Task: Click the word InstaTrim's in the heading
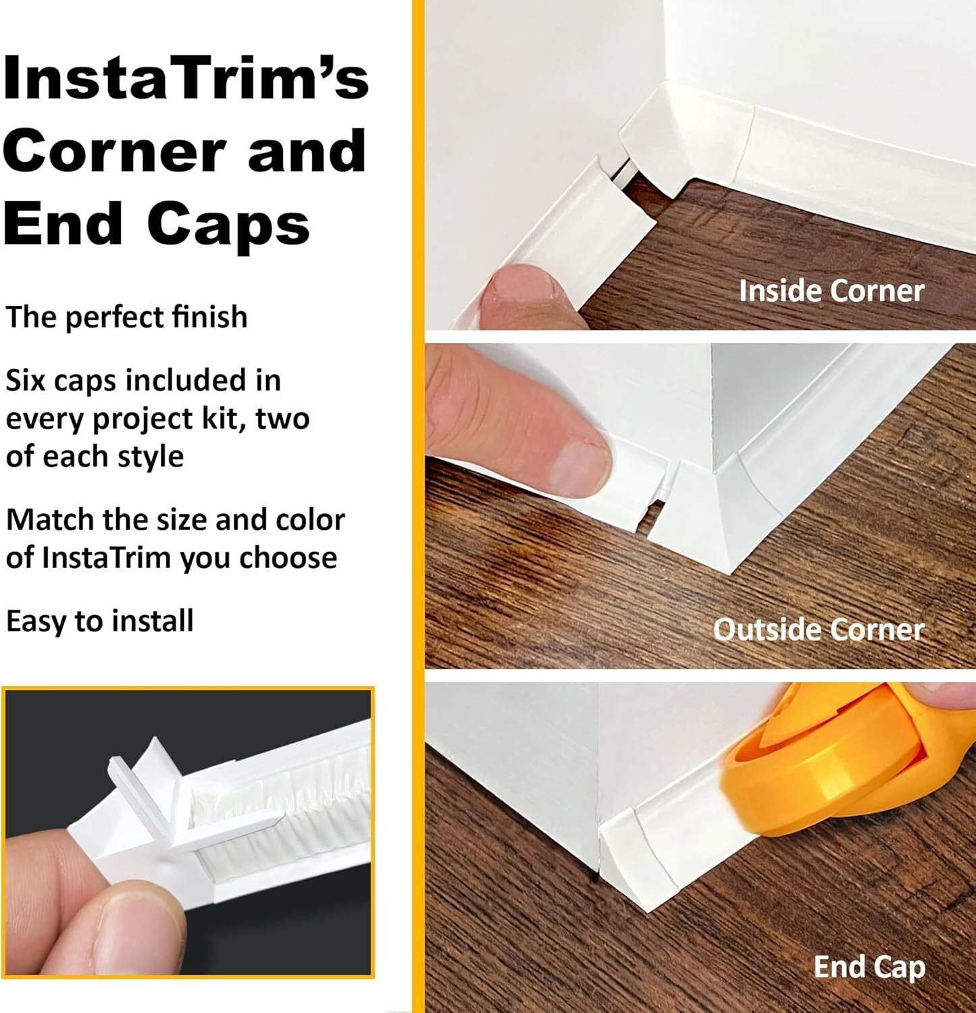click(186, 79)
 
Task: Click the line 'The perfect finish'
click(126, 317)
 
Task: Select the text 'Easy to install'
click(99, 621)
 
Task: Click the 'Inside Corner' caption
click(831, 291)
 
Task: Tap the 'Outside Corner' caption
click(818, 629)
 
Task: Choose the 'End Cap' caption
click(869, 966)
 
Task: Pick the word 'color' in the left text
click(310, 520)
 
